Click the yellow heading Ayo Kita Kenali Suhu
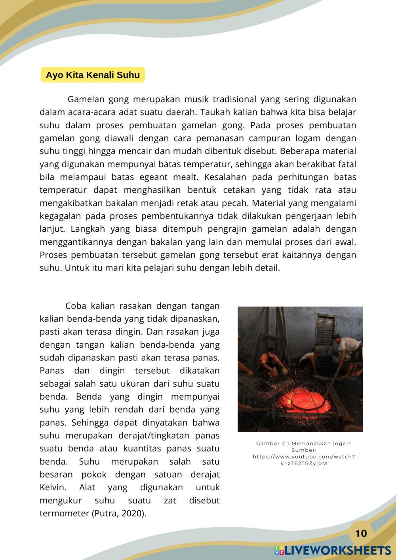point(93,75)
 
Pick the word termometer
point(65,514)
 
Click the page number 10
point(361,533)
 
